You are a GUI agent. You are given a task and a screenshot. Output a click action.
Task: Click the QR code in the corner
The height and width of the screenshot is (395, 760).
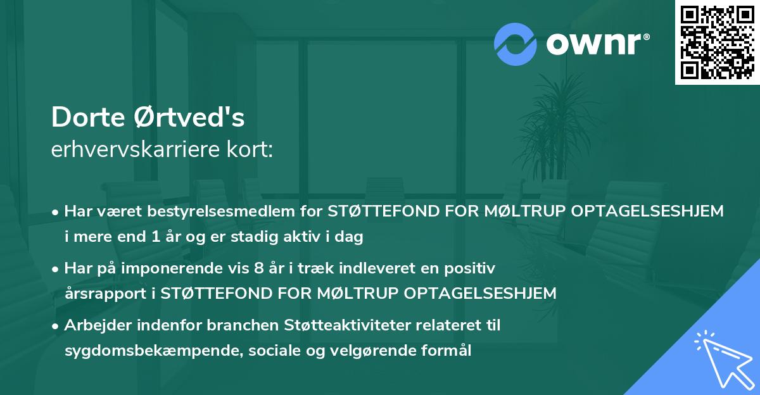coord(717,42)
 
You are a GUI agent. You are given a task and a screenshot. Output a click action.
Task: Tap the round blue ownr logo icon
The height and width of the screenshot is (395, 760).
coord(516,44)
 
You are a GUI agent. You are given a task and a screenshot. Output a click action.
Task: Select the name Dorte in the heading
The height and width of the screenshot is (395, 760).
coord(89,118)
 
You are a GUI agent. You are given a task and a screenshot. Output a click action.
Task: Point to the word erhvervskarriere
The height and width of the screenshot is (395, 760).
coord(136,149)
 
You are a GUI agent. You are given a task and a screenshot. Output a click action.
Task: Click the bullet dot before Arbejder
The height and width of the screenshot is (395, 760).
coord(56,326)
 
